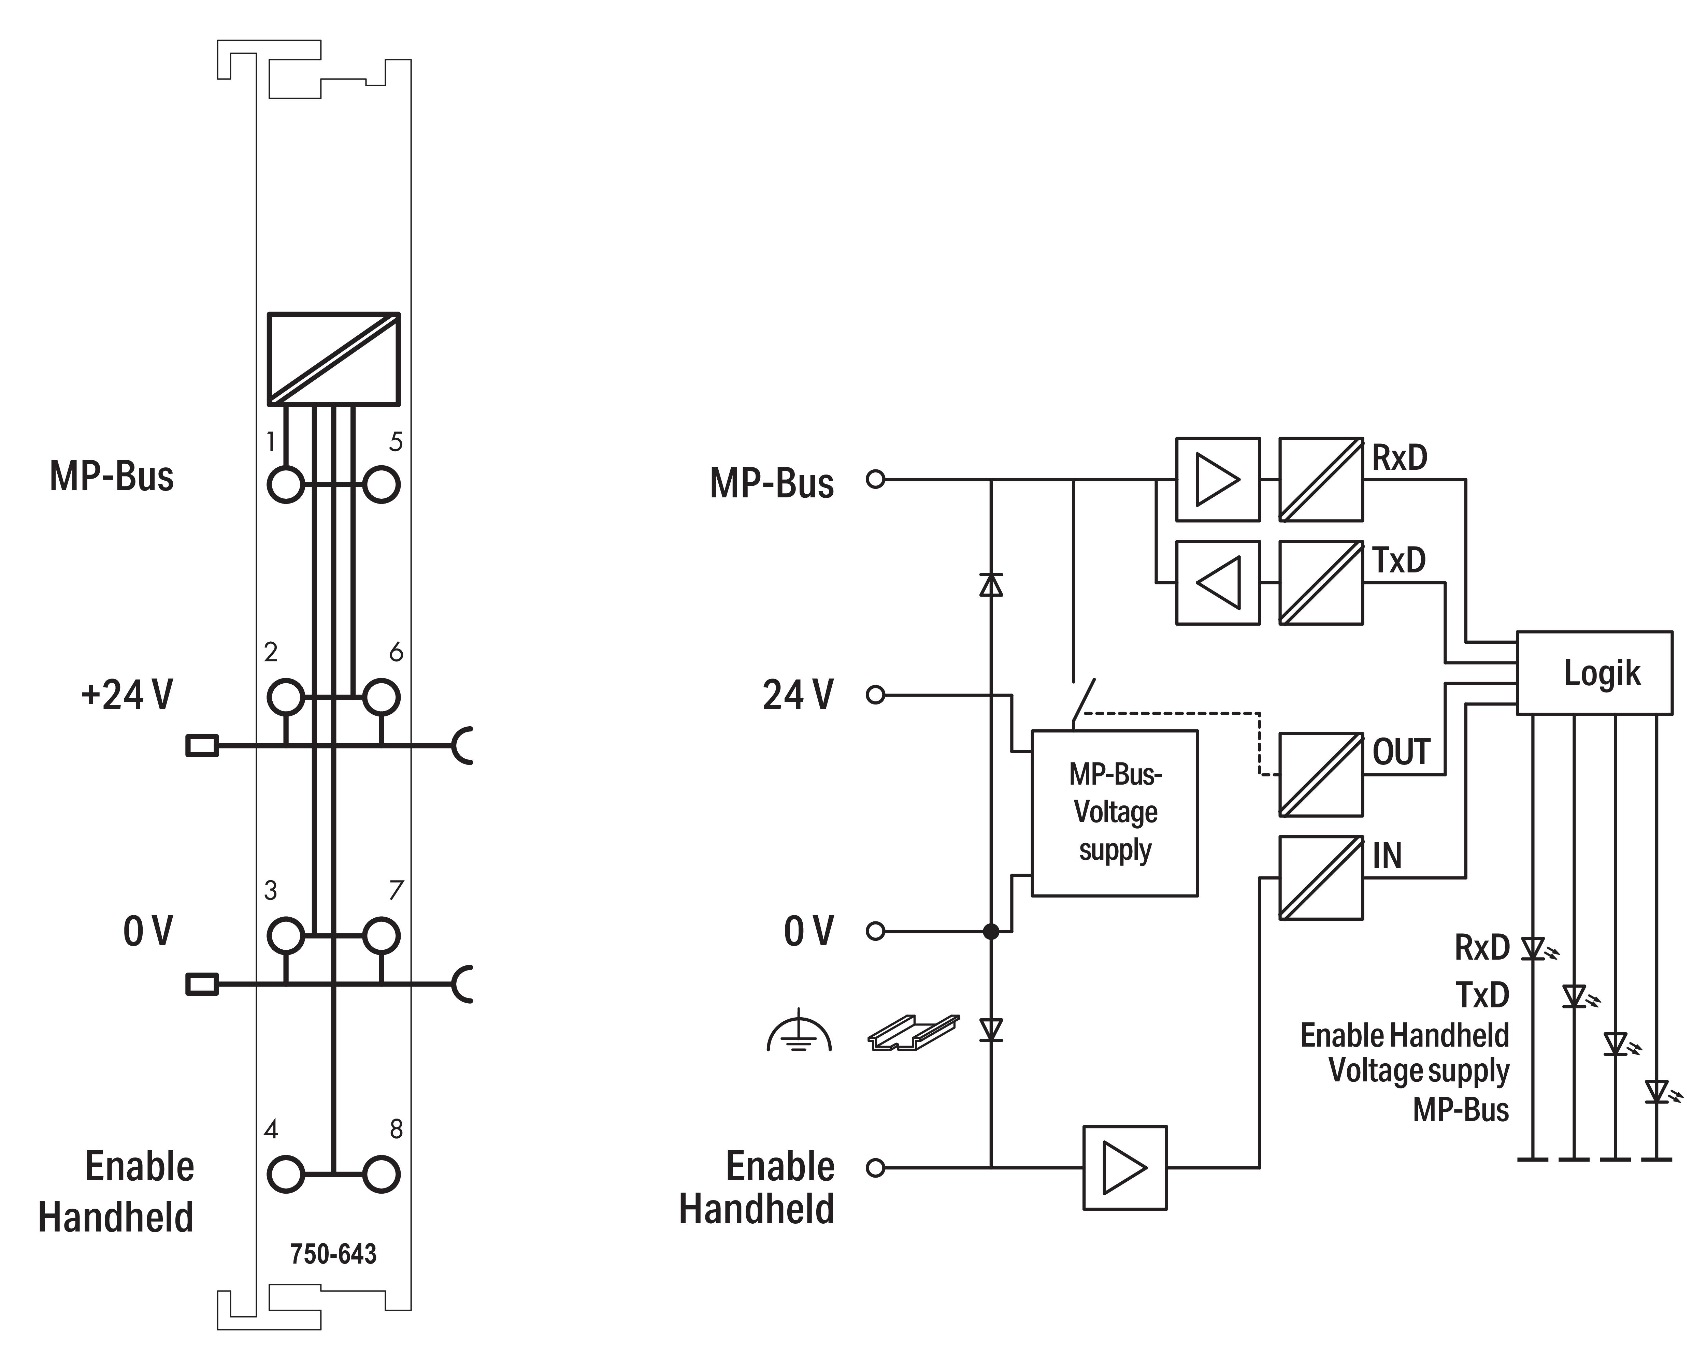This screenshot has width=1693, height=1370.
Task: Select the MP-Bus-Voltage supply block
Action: (1115, 813)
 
